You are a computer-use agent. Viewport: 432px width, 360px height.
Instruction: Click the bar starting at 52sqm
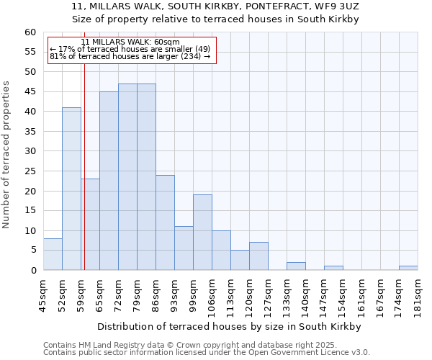tap(71, 189)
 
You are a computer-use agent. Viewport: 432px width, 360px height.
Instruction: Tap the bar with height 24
tap(165, 222)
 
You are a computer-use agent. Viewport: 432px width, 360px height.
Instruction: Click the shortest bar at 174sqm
tap(408, 268)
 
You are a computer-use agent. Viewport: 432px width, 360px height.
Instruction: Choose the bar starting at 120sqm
tap(258, 256)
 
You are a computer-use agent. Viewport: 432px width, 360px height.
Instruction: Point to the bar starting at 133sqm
tap(296, 266)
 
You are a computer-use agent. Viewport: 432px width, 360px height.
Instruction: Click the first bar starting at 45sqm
tap(53, 254)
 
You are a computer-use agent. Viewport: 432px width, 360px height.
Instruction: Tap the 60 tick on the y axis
tap(30, 32)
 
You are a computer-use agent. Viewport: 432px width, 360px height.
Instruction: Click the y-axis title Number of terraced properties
tap(7, 155)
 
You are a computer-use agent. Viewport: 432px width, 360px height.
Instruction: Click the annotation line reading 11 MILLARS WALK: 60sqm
tap(130, 42)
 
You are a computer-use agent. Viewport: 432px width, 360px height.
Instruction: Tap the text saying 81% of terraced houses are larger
tap(130, 56)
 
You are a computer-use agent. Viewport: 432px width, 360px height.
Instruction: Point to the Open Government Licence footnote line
tap(207, 353)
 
